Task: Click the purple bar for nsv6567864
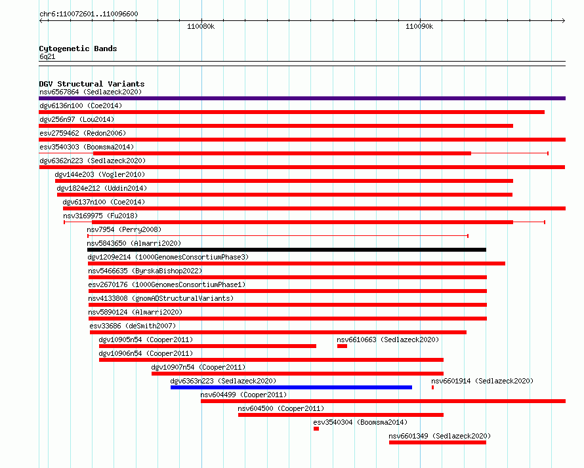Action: [x=302, y=98]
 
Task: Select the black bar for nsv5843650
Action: [x=286, y=250]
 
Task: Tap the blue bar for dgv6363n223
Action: [x=291, y=387]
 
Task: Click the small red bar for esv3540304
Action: [x=316, y=429]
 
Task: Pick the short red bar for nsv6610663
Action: [x=343, y=346]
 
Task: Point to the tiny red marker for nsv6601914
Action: [x=432, y=387]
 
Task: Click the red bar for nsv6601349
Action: [x=438, y=442]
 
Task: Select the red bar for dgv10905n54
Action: [x=207, y=346]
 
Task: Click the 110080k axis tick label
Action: [x=201, y=26]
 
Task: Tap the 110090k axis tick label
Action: [x=419, y=26]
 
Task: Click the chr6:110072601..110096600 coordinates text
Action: [x=89, y=14]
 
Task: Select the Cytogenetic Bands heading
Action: [x=78, y=49]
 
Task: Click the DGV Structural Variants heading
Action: [x=92, y=84]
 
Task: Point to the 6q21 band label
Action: [x=47, y=56]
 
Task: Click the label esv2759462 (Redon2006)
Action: [x=83, y=133]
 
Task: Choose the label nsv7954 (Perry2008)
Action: [x=124, y=229]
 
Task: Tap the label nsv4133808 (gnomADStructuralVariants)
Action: [x=161, y=298]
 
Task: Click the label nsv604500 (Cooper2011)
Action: [x=281, y=408]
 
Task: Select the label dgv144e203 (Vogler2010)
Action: [x=100, y=174]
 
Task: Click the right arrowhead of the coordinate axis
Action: [x=564, y=20]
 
